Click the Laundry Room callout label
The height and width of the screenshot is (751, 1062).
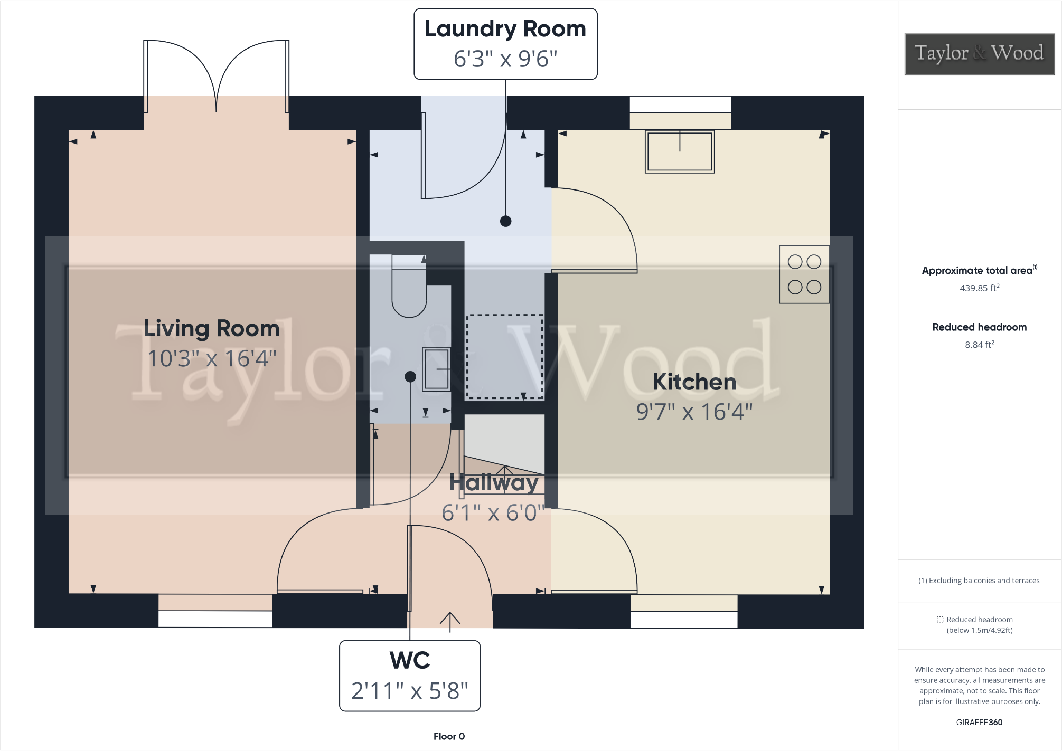coord(505,30)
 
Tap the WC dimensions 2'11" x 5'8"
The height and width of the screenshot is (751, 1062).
coord(410,691)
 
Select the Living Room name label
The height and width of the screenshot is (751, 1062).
coord(212,328)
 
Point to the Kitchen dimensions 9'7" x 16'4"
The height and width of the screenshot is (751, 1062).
coord(694,412)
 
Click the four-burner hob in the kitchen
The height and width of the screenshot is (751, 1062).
coord(804,274)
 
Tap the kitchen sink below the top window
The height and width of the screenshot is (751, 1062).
coord(680,151)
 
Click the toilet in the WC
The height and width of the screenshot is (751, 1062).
coord(409,293)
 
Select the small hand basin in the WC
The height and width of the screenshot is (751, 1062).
coord(436,369)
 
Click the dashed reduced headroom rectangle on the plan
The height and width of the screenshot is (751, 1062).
coord(504,357)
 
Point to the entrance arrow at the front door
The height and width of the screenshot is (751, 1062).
coord(450,622)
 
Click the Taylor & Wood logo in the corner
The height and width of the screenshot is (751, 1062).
coord(979,54)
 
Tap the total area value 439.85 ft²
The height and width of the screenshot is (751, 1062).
coord(979,288)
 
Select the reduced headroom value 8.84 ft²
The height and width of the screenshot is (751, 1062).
coord(979,345)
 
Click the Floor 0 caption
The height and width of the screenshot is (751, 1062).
coord(449,736)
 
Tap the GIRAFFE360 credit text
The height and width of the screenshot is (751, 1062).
coord(979,722)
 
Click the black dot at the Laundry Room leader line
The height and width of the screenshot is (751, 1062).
coord(505,221)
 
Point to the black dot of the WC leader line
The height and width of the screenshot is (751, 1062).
coord(410,377)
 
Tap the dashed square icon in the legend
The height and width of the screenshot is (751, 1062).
coord(939,620)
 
